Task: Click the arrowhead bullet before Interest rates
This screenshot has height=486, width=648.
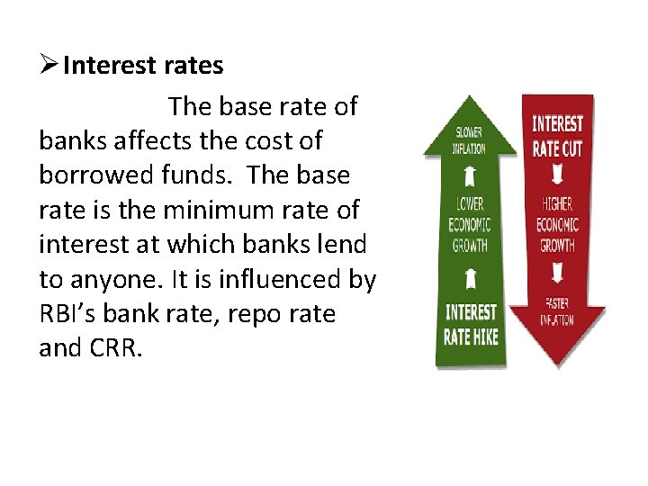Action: (50, 66)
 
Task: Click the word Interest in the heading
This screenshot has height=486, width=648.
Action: (99, 66)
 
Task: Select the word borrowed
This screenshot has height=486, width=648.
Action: (88, 175)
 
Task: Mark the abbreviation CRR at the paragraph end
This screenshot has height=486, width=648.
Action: (117, 348)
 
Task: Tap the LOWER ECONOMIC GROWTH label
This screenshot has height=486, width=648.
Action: (470, 224)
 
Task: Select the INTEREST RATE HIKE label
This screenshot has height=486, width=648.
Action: (471, 325)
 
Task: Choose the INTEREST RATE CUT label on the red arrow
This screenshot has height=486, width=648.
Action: (557, 136)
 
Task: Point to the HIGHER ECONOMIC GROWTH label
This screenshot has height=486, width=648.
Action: (557, 225)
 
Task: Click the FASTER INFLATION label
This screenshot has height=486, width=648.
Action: (557, 312)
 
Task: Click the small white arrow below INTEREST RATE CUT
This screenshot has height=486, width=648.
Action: (557, 174)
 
